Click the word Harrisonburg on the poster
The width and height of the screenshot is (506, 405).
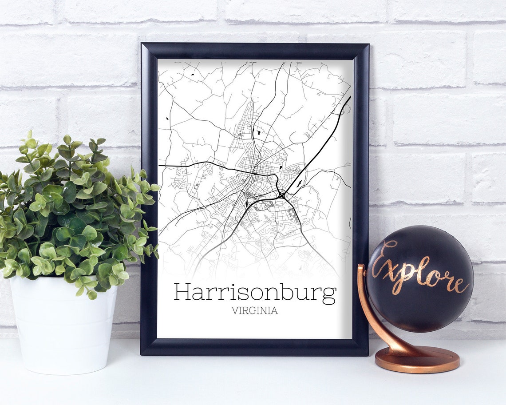tap(255, 292)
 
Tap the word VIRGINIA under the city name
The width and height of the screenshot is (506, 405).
tap(254, 311)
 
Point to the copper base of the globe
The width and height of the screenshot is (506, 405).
tap(417, 359)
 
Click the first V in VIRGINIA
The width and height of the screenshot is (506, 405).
tap(234, 311)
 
